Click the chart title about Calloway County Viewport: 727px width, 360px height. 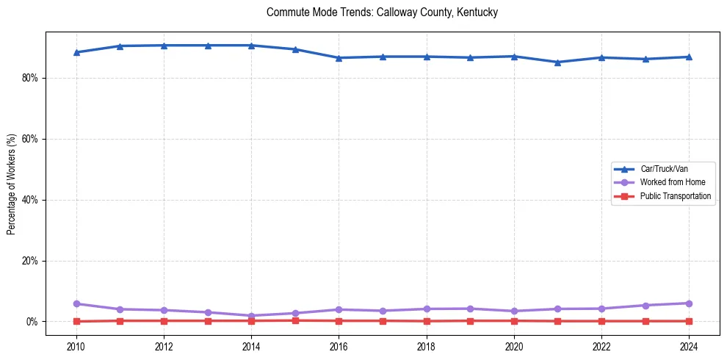tap(382, 12)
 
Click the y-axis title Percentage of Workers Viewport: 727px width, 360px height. tap(12, 184)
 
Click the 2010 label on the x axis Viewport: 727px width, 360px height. tap(76, 345)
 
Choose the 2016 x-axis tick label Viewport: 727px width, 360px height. tap(339, 345)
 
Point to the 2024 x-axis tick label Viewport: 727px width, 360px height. tap(689, 345)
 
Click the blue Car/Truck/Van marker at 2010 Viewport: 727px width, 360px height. tap(76, 52)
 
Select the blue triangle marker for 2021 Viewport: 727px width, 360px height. tap(557, 62)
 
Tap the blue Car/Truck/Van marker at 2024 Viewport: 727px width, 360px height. tap(689, 57)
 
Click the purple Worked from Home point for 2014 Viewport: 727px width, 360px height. tap(251, 316)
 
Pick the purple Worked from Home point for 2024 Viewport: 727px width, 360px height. tap(689, 303)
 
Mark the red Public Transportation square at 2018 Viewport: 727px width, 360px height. tap(426, 321)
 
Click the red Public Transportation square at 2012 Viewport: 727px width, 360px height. tap(164, 320)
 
